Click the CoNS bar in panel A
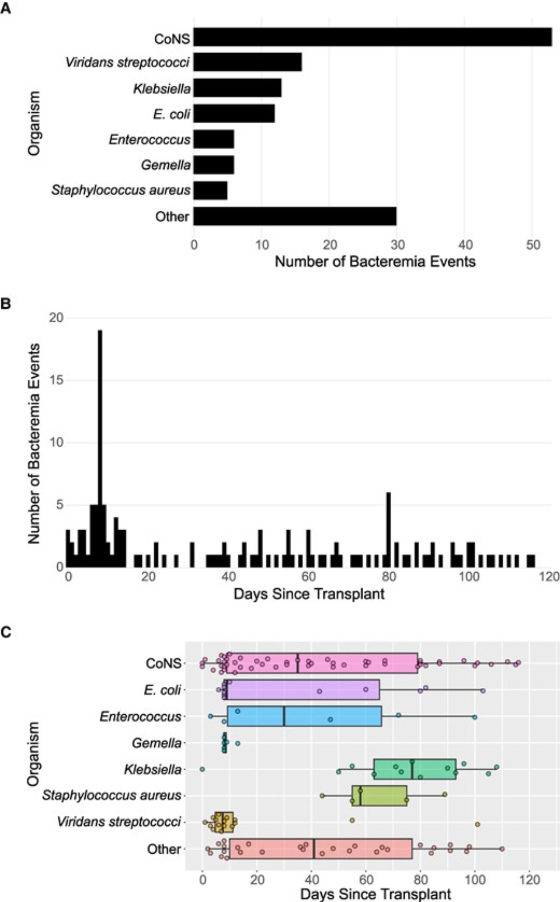point(373,37)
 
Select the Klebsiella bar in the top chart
point(238,88)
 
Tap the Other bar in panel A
point(295,216)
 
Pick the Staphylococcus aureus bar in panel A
point(211,190)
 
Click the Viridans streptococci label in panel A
point(127,62)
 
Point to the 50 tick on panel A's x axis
point(533,245)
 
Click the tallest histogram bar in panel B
point(100,447)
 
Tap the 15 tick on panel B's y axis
point(56,380)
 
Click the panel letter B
point(6,304)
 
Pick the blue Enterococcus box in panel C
point(305,717)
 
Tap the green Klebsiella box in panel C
point(415,769)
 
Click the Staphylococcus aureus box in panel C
point(379,796)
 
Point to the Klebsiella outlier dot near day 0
point(202,769)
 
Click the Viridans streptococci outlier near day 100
point(477,824)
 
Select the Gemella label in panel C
point(156,743)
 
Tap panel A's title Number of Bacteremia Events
point(375,261)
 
